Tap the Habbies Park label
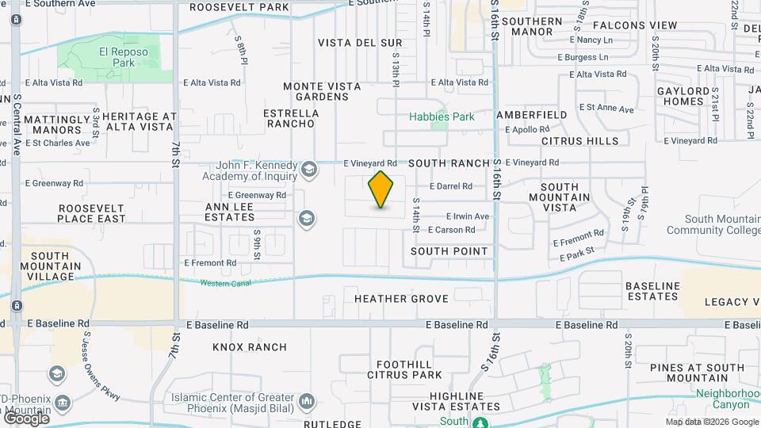point(442,117)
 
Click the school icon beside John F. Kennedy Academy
point(308,169)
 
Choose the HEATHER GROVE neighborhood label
point(401,299)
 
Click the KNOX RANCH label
point(250,347)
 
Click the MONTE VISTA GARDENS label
point(316,91)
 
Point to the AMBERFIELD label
point(531,115)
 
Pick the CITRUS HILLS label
point(579,141)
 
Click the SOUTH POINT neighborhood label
point(449,250)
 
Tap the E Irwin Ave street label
point(468,216)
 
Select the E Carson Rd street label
point(451,230)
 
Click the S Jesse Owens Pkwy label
point(101,366)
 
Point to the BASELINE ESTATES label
point(652,291)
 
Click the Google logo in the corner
point(26,418)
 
